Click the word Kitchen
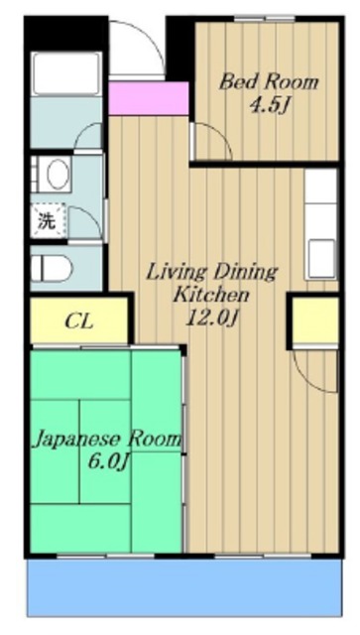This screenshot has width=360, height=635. click(209, 295)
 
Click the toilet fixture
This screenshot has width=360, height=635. click(58, 267)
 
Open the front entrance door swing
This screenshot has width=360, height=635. click(134, 45)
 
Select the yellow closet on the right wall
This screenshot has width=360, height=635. click(310, 319)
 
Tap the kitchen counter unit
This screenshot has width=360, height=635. click(322, 223)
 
